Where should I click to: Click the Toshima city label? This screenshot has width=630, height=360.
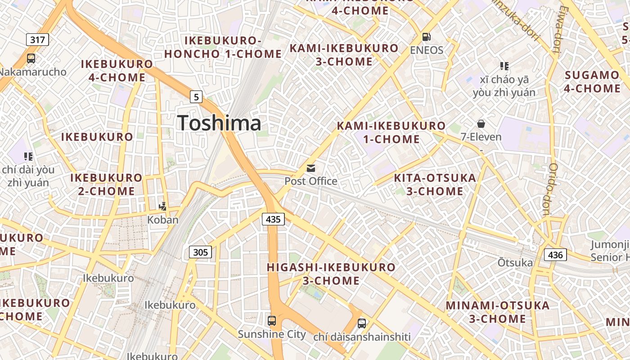click(x=219, y=123)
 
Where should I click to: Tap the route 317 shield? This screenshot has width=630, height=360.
click(x=37, y=40)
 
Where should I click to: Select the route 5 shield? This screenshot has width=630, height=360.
click(x=196, y=96)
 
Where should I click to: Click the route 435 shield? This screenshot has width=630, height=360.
click(x=273, y=219)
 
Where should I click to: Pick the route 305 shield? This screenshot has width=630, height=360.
click(x=200, y=252)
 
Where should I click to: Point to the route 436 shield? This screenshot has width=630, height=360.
click(x=555, y=255)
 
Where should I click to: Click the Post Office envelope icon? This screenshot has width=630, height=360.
click(x=311, y=168)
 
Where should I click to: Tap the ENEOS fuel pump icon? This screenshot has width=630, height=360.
click(x=426, y=37)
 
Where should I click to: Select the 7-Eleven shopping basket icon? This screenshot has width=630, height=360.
click(x=481, y=123)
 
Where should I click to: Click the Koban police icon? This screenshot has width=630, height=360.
click(x=163, y=207)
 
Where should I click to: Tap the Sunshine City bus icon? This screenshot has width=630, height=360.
click(x=272, y=321)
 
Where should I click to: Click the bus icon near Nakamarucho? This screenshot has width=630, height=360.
click(x=31, y=58)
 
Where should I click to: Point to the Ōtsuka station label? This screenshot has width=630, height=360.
click(x=515, y=262)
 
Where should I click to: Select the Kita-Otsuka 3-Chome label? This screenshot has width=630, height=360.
click(x=435, y=184)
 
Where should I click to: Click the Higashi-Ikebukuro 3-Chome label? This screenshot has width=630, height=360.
click(x=331, y=274)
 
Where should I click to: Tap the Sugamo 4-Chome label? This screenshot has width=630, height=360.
click(x=592, y=81)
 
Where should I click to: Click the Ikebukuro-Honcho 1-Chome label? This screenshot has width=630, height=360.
click(x=223, y=47)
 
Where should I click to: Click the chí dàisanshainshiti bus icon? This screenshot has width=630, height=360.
click(x=362, y=323)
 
